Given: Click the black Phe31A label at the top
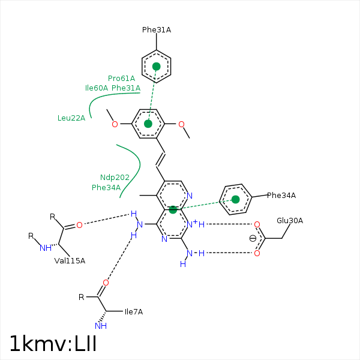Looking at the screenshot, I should (157, 29).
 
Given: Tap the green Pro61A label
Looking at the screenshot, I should (121, 79).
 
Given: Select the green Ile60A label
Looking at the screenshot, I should (97, 88).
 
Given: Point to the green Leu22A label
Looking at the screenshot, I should (71, 118).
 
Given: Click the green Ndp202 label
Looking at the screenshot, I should (115, 178).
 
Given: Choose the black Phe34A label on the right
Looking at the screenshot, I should (281, 195).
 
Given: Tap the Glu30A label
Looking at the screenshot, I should (290, 221).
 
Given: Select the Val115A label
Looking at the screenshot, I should (70, 260).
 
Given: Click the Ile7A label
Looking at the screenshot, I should (133, 311).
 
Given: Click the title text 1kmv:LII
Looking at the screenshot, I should (53, 344).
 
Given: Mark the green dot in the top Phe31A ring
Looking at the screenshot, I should (157, 66).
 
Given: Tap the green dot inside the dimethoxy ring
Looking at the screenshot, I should (148, 124).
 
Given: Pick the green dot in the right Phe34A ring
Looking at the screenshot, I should (235, 199).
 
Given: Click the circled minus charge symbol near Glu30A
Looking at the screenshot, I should (253, 238).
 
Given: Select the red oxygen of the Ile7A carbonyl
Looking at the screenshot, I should (106, 283).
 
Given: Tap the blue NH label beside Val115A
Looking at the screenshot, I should (45, 248).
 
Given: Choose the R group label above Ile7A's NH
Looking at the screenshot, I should (82, 297).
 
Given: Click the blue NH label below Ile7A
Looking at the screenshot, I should (100, 326).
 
